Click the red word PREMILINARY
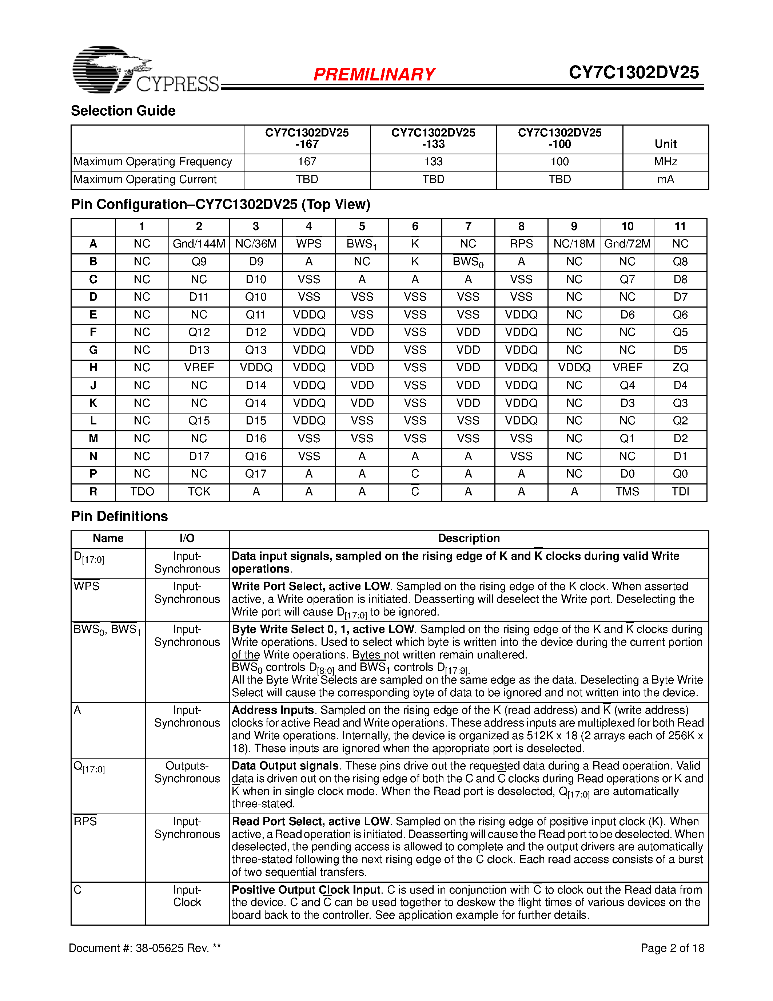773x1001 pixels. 374,74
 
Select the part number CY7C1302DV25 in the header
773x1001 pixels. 633,72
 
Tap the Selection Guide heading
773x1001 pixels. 123,111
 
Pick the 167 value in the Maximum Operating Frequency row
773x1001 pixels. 307,162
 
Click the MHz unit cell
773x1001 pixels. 665,162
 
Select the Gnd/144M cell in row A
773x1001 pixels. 199,244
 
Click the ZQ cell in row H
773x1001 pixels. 680,368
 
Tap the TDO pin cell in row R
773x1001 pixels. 142,492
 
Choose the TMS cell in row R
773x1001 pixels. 627,492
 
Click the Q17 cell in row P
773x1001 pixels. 255,474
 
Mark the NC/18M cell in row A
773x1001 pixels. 574,244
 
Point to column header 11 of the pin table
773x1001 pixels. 680,226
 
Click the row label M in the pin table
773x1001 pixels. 93,439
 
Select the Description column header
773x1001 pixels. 469,539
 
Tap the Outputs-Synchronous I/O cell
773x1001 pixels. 187,772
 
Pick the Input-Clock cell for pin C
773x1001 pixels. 187,896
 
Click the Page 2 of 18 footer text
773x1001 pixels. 672,948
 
